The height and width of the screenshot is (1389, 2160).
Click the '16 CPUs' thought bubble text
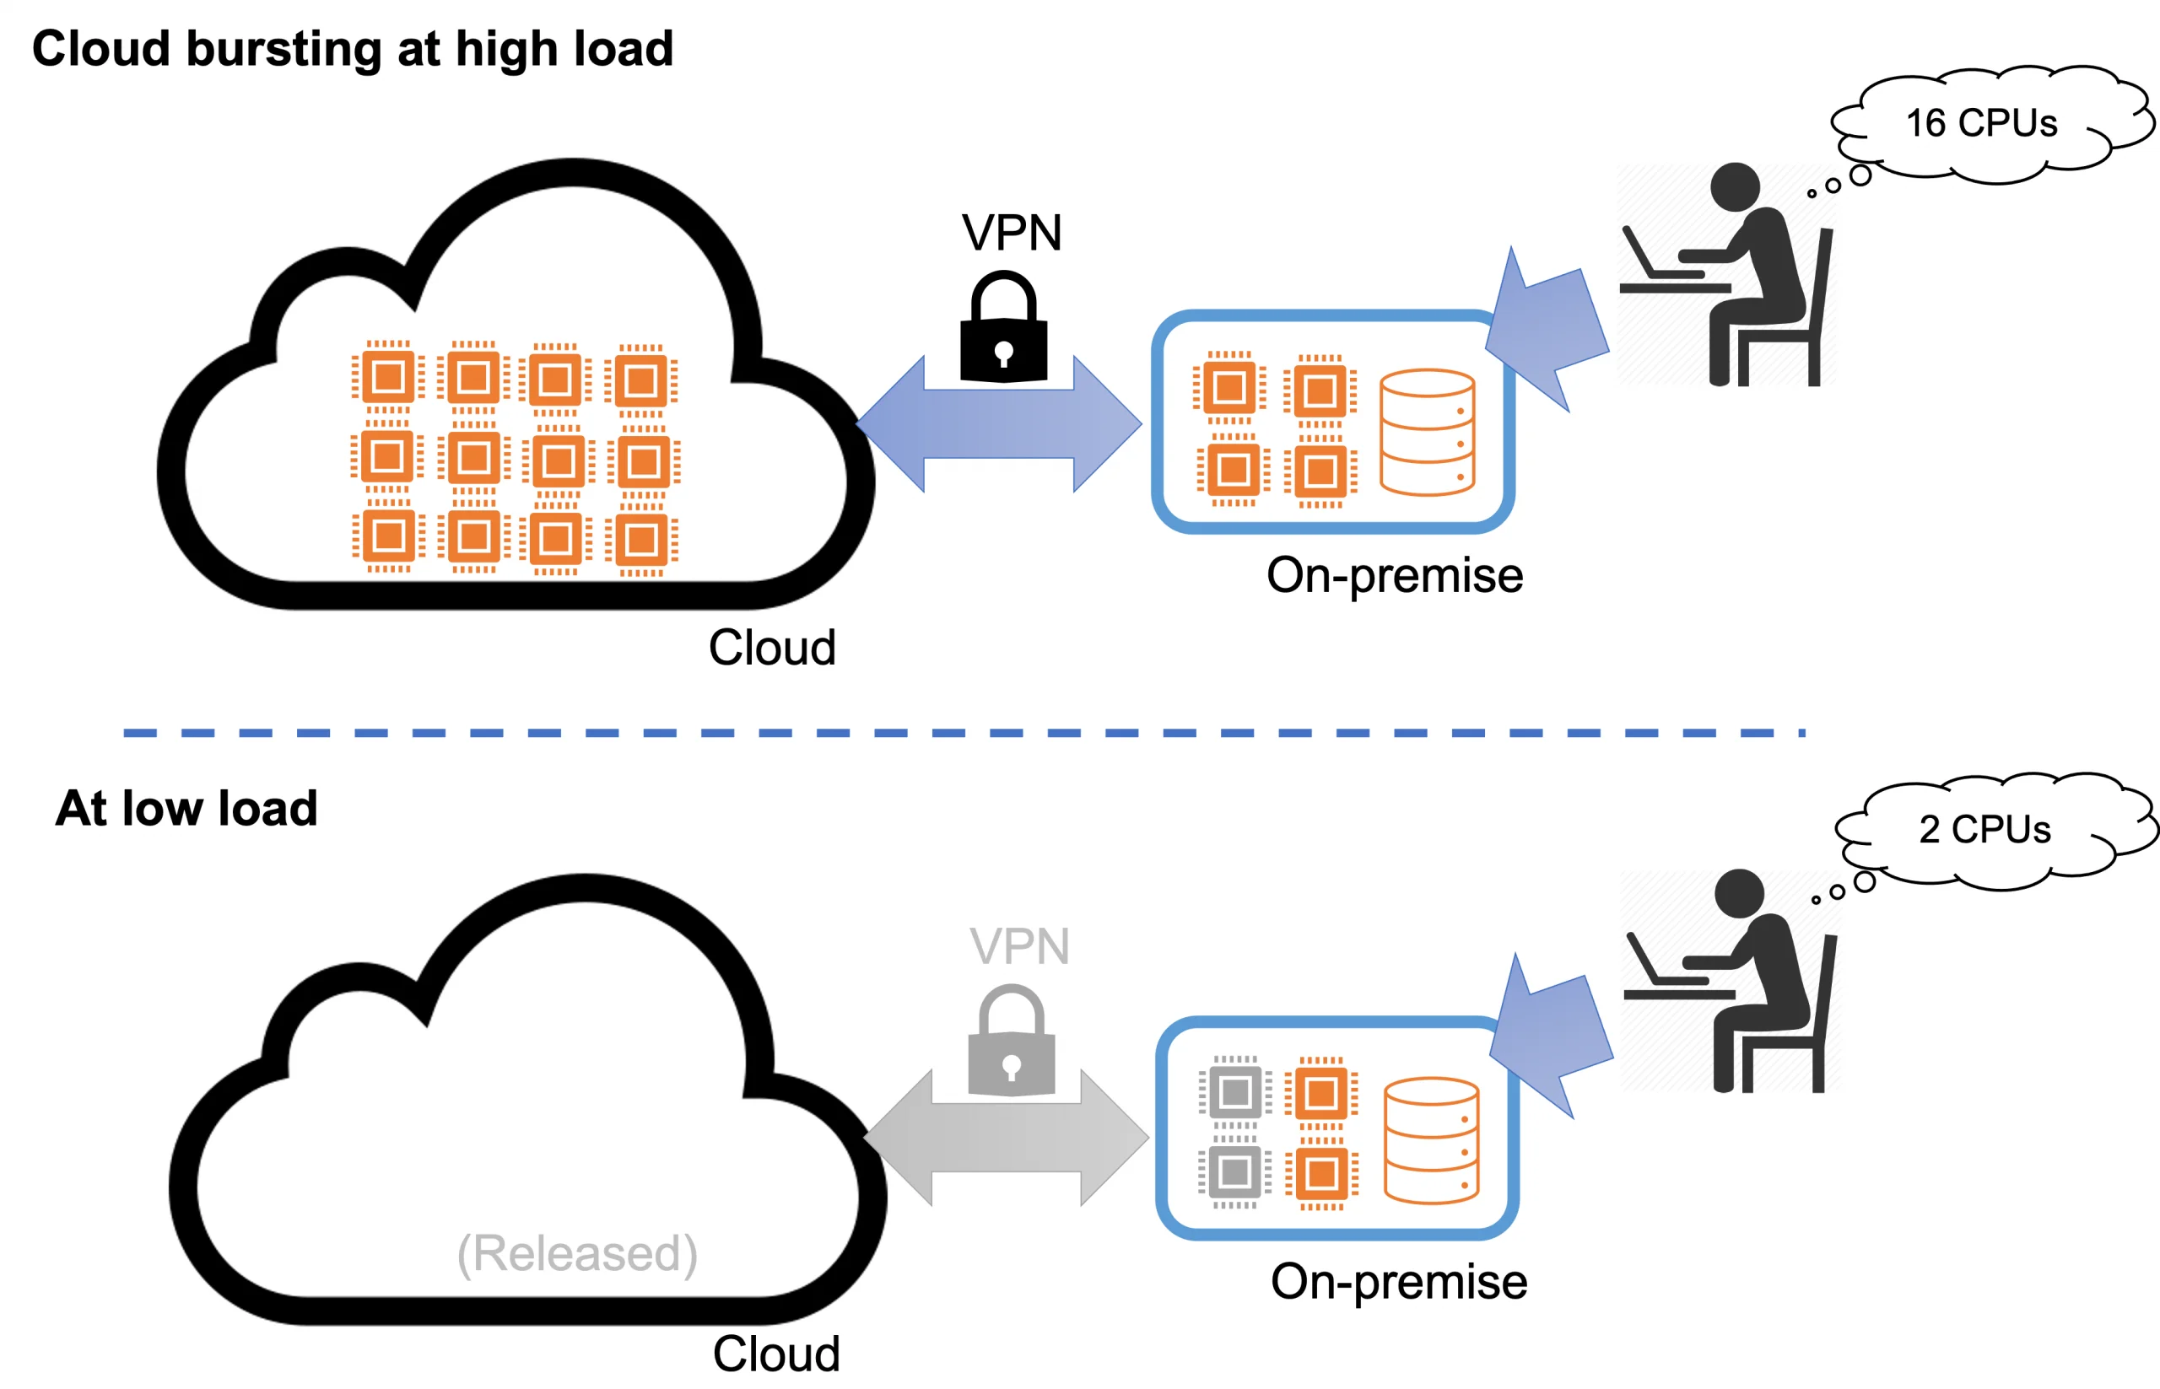point(1980,124)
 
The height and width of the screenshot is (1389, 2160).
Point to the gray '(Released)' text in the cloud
point(577,1253)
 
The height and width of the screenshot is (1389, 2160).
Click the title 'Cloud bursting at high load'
point(353,49)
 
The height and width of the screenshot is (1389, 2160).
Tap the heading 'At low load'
point(186,808)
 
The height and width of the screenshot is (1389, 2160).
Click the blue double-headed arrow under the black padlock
point(999,424)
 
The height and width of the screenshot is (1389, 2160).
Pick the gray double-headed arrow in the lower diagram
point(1006,1138)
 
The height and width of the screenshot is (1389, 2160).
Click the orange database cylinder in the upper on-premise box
point(1427,432)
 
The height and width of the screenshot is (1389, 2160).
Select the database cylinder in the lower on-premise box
point(1431,1140)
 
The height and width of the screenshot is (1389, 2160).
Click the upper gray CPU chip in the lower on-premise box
point(1234,1092)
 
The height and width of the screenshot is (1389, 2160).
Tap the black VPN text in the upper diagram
point(1012,233)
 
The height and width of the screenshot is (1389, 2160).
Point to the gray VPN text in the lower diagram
point(1019,946)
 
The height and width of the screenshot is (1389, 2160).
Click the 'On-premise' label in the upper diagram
point(1394,575)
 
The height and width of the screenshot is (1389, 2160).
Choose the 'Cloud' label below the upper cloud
point(771,648)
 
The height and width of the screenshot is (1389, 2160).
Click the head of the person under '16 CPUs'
point(1734,186)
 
